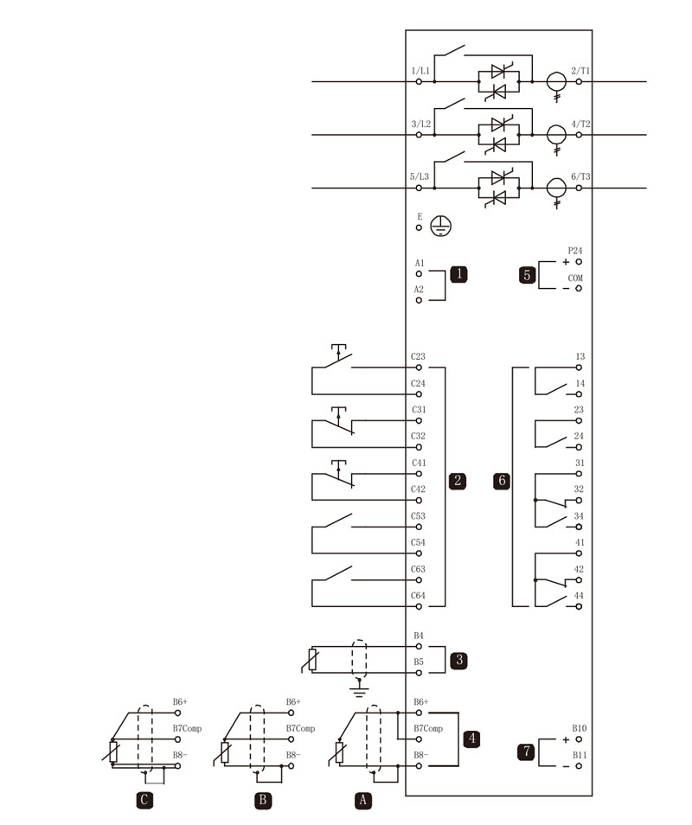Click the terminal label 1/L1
(420, 71)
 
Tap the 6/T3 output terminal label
(580, 176)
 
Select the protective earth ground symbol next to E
(441, 227)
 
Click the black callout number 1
(458, 273)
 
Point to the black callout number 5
(528, 275)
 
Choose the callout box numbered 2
(458, 480)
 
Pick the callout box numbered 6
(502, 480)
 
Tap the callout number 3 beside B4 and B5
(459, 660)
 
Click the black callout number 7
(527, 751)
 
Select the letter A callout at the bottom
(362, 800)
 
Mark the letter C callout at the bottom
(144, 800)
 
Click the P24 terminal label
(574, 251)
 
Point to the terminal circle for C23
(419, 368)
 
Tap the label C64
(418, 596)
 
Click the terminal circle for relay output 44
(579, 607)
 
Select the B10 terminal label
(579, 728)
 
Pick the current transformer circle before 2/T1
(556, 82)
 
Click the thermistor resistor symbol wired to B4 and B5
(312, 660)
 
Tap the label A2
(419, 290)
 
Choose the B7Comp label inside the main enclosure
(428, 728)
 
